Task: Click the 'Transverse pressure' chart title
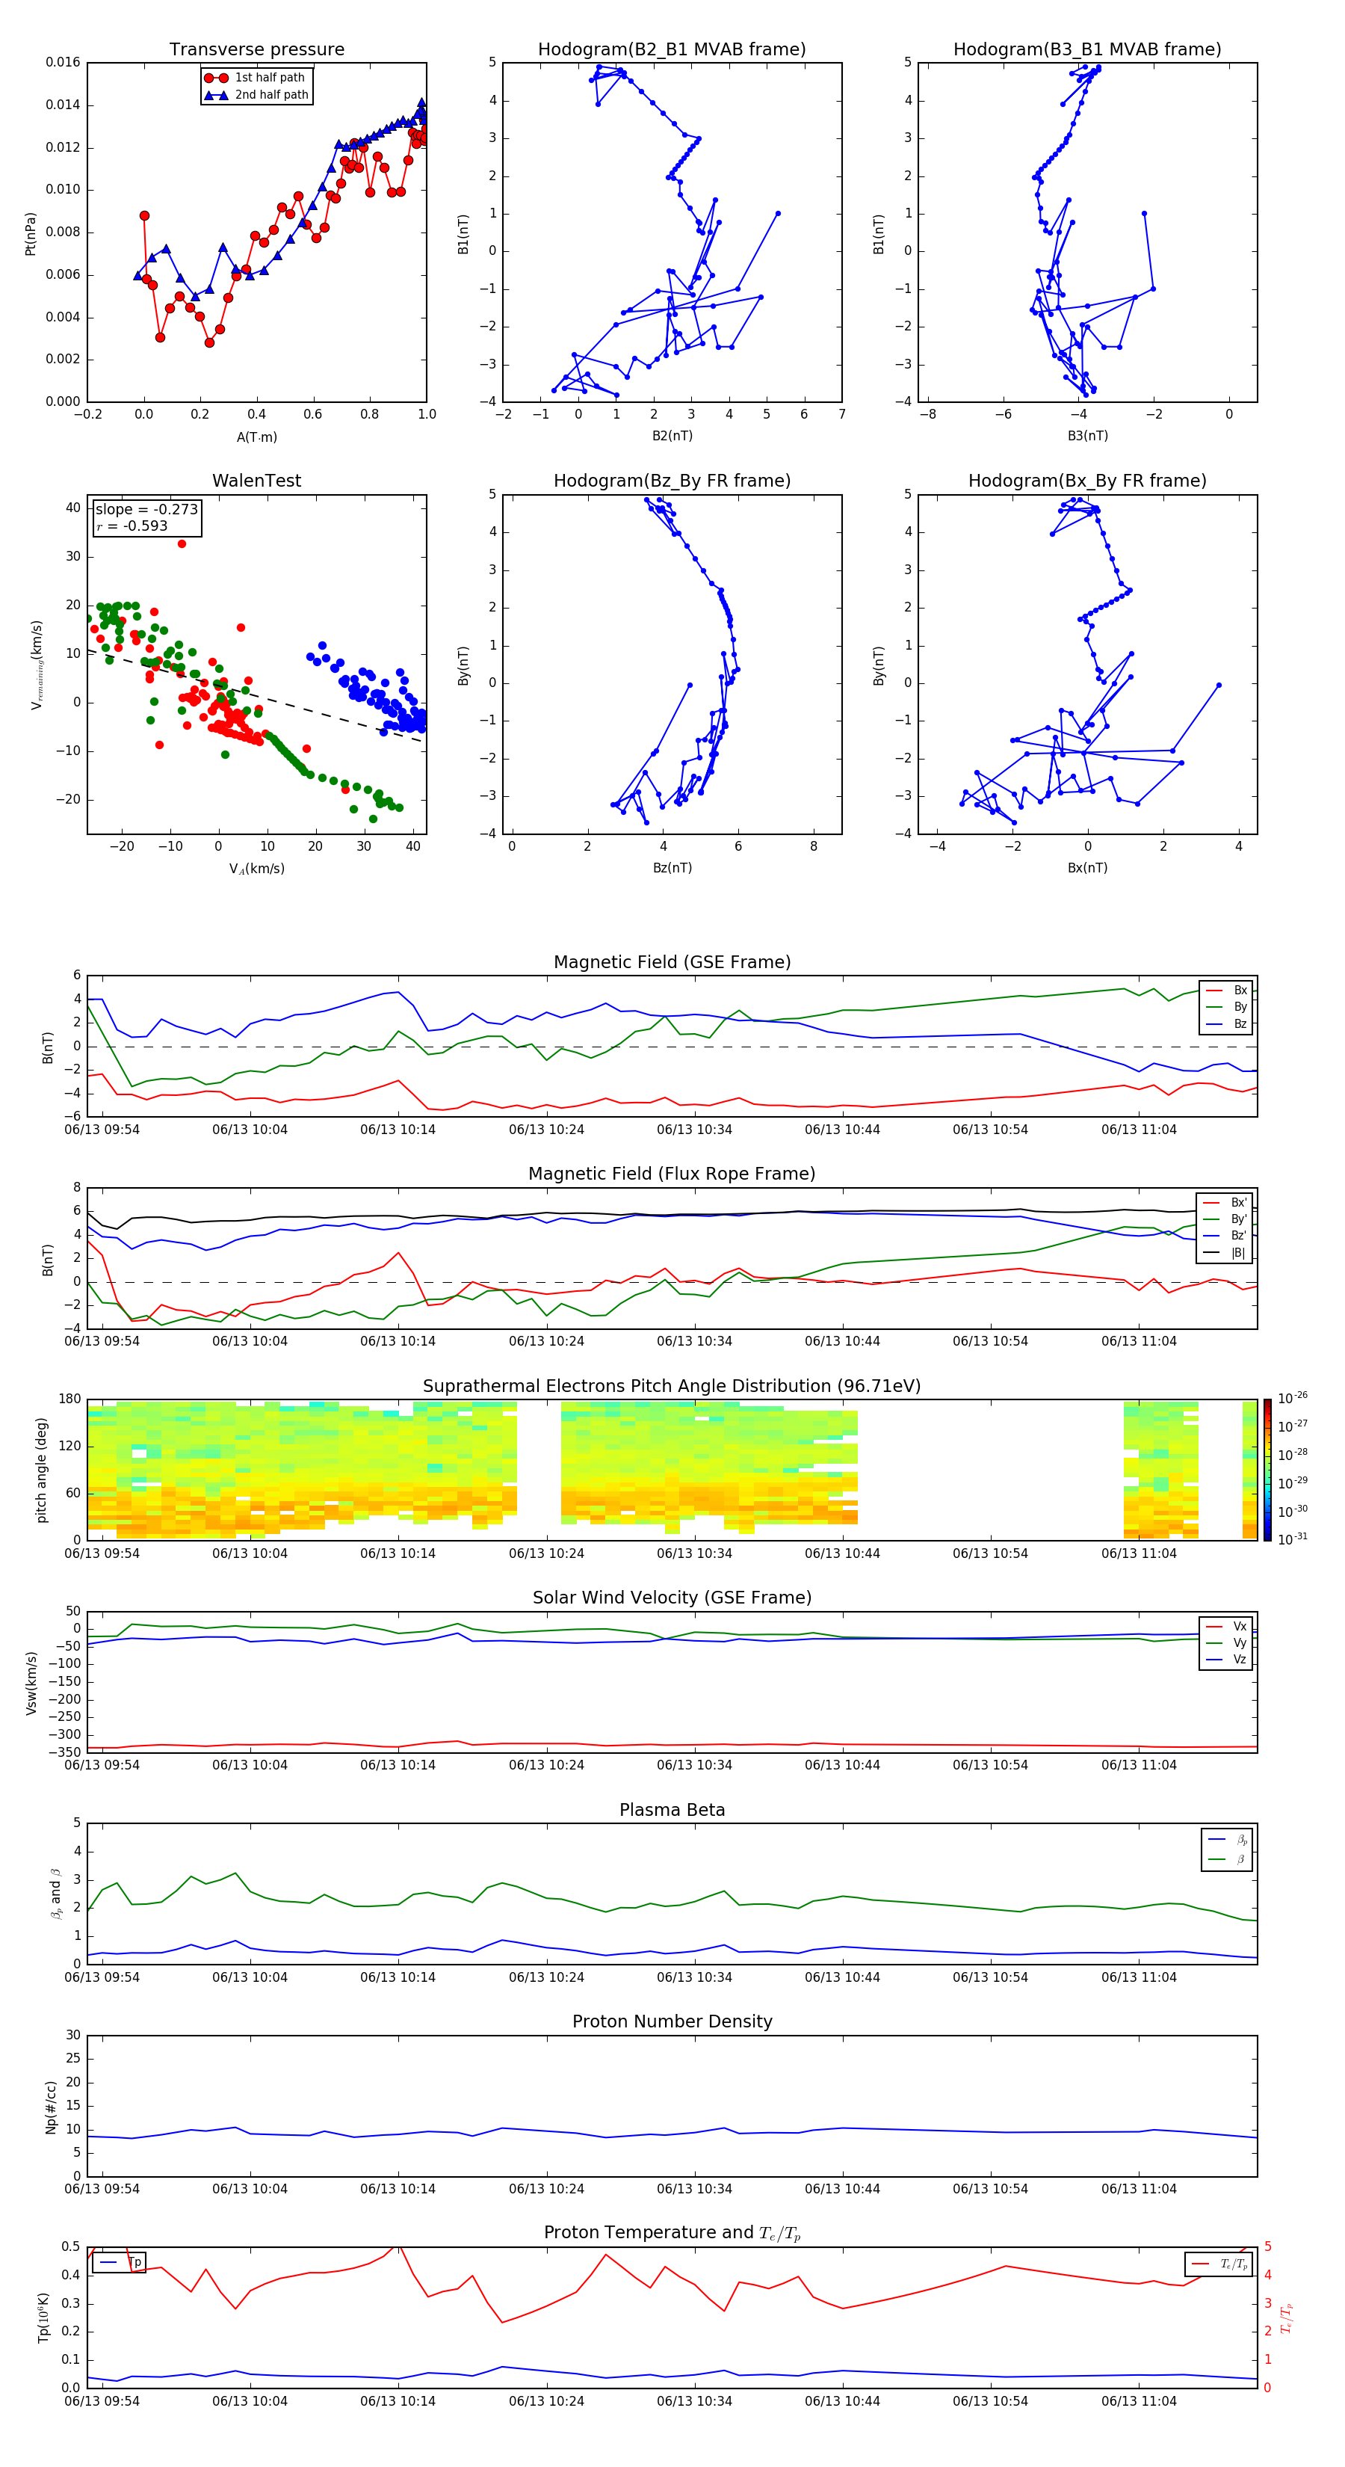pyautogui.click(x=256, y=50)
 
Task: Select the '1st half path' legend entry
pyautogui.click(x=269, y=78)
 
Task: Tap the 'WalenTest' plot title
pyautogui.click(x=256, y=481)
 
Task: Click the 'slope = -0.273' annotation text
pyautogui.click(x=146, y=510)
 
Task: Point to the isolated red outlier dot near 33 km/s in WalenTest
pyautogui.click(x=182, y=544)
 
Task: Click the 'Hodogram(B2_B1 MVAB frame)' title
pyautogui.click(x=671, y=50)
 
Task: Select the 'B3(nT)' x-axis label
pyautogui.click(x=1087, y=436)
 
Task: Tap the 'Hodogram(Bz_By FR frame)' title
pyautogui.click(x=671, y=481)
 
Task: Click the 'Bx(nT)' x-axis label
pyautogui.click(x=1087, y=868)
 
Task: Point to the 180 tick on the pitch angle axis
pyautogui.click(x=70, y=1399)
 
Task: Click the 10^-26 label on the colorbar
pyautogui.click(x=1293, y=1398)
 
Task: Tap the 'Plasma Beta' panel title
pyautogui.click(x=671, y=1810)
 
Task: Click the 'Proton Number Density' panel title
pyautogui.click(x=671, y=2021)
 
